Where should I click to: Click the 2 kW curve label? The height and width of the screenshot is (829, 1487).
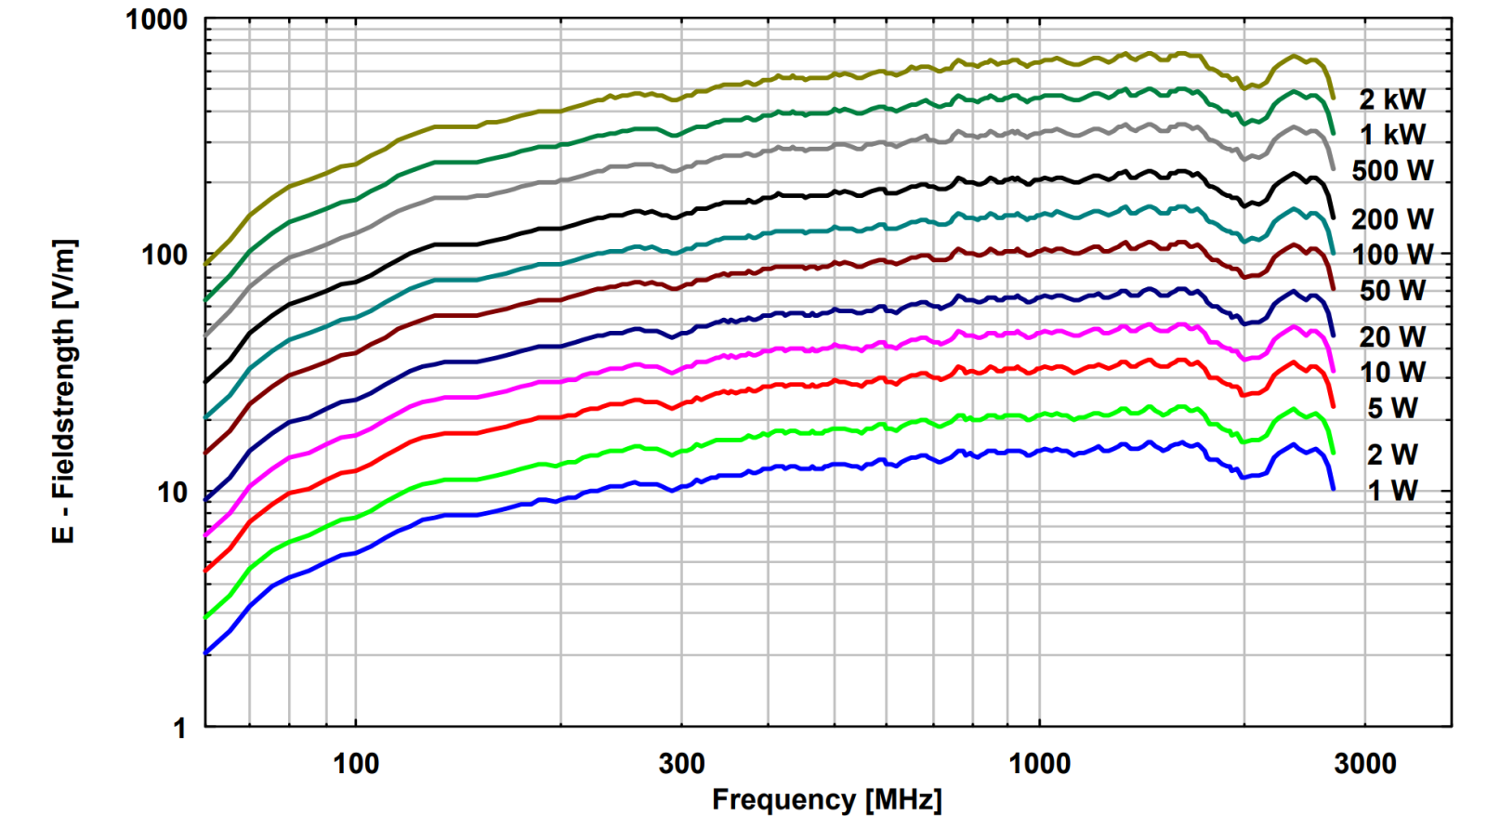tap(1391, 99)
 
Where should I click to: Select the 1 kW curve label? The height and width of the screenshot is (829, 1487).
tap(1391, 135)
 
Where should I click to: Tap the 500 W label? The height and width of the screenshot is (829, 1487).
tap(1391, 171)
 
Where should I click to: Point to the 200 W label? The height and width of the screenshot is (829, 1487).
tap(1391, 219)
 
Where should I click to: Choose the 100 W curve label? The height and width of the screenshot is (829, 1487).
tap(1391, 255)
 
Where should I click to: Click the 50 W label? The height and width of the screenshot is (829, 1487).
tap(1391, 291)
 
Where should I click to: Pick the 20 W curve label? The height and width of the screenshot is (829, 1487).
tap(1391, 336)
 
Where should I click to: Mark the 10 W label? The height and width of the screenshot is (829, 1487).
tap(1391, 373)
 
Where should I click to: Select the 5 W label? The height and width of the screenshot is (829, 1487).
tap(1391, 408)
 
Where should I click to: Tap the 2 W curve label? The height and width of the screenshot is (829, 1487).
tap(1391, 454)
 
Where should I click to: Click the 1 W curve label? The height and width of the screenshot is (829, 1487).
tap(1391, 491)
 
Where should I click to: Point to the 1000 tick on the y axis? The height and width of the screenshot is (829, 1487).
tap(156, 20)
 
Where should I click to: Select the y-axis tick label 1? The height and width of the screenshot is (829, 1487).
tap(180, 728)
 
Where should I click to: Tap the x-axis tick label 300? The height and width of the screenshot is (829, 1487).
tap(681, 764)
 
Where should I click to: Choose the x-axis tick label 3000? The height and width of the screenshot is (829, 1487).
tap(1364, 764)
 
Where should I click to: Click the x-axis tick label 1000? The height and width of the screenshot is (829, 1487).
tap(1039, 764)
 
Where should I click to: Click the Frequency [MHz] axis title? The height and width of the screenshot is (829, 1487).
tap(826, 800)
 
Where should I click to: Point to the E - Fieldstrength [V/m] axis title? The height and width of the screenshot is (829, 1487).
tap(63, 391)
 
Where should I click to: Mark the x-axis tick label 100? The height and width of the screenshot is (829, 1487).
tap(356, 764)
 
